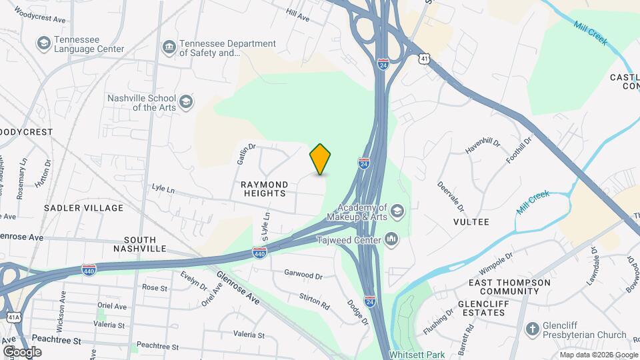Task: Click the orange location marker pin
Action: click(x=320, y=159)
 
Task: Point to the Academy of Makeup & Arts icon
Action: click(x=397, y=213)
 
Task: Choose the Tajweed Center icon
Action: click(x=392, y=239)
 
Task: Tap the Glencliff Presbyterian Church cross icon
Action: click(x=532, y=329)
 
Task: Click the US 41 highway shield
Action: click(x=424, y=60)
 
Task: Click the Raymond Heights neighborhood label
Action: click(x=264, y=189)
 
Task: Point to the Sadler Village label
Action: click(x=84, y=208)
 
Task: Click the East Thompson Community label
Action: click(x=509, y=287)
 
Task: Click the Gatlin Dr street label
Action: click(x=247, y=155)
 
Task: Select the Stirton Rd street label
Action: click(x=315, y=301)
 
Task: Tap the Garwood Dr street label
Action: click(x=303, y=275)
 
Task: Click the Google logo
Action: click(x=22, y=351)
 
